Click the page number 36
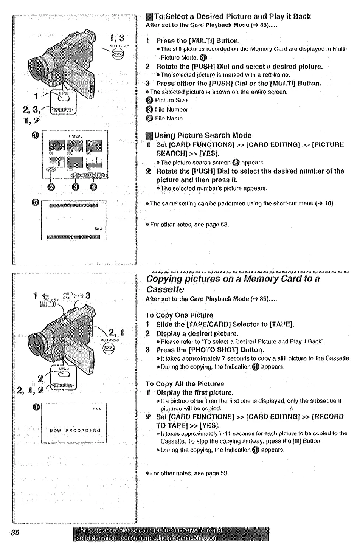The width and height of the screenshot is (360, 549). [x=15, y=533]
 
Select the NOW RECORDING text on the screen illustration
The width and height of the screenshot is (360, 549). [x=75, y=430]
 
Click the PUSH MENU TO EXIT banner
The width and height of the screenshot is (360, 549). [x=73, y=237]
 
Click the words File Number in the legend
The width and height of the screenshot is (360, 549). [x=171, y=109]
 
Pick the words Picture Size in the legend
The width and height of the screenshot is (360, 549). [x=171, y=100]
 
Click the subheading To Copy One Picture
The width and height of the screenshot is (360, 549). [x=179, y=315]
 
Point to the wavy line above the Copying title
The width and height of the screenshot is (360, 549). [x=247, y=271]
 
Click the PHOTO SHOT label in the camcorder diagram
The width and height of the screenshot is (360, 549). [x=68, y=295]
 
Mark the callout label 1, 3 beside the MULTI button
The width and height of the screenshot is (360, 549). [x=117, y=38]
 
